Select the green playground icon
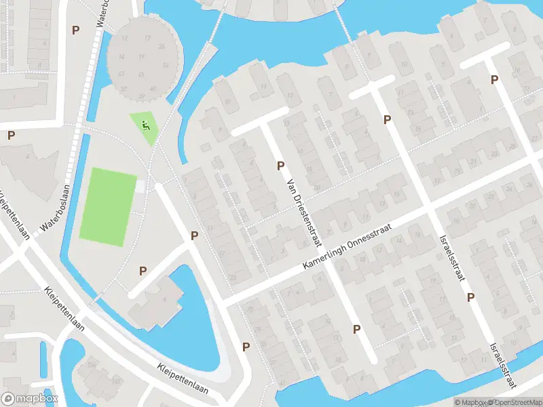pos(145,125)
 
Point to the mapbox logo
pos(30,399)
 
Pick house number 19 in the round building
pos(142,57)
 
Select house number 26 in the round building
pos(162,47)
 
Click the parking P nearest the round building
pos(75,30)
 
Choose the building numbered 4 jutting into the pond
pos(161,298)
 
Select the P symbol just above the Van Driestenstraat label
pos(280,166)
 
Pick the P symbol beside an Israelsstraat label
pos(470,297)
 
